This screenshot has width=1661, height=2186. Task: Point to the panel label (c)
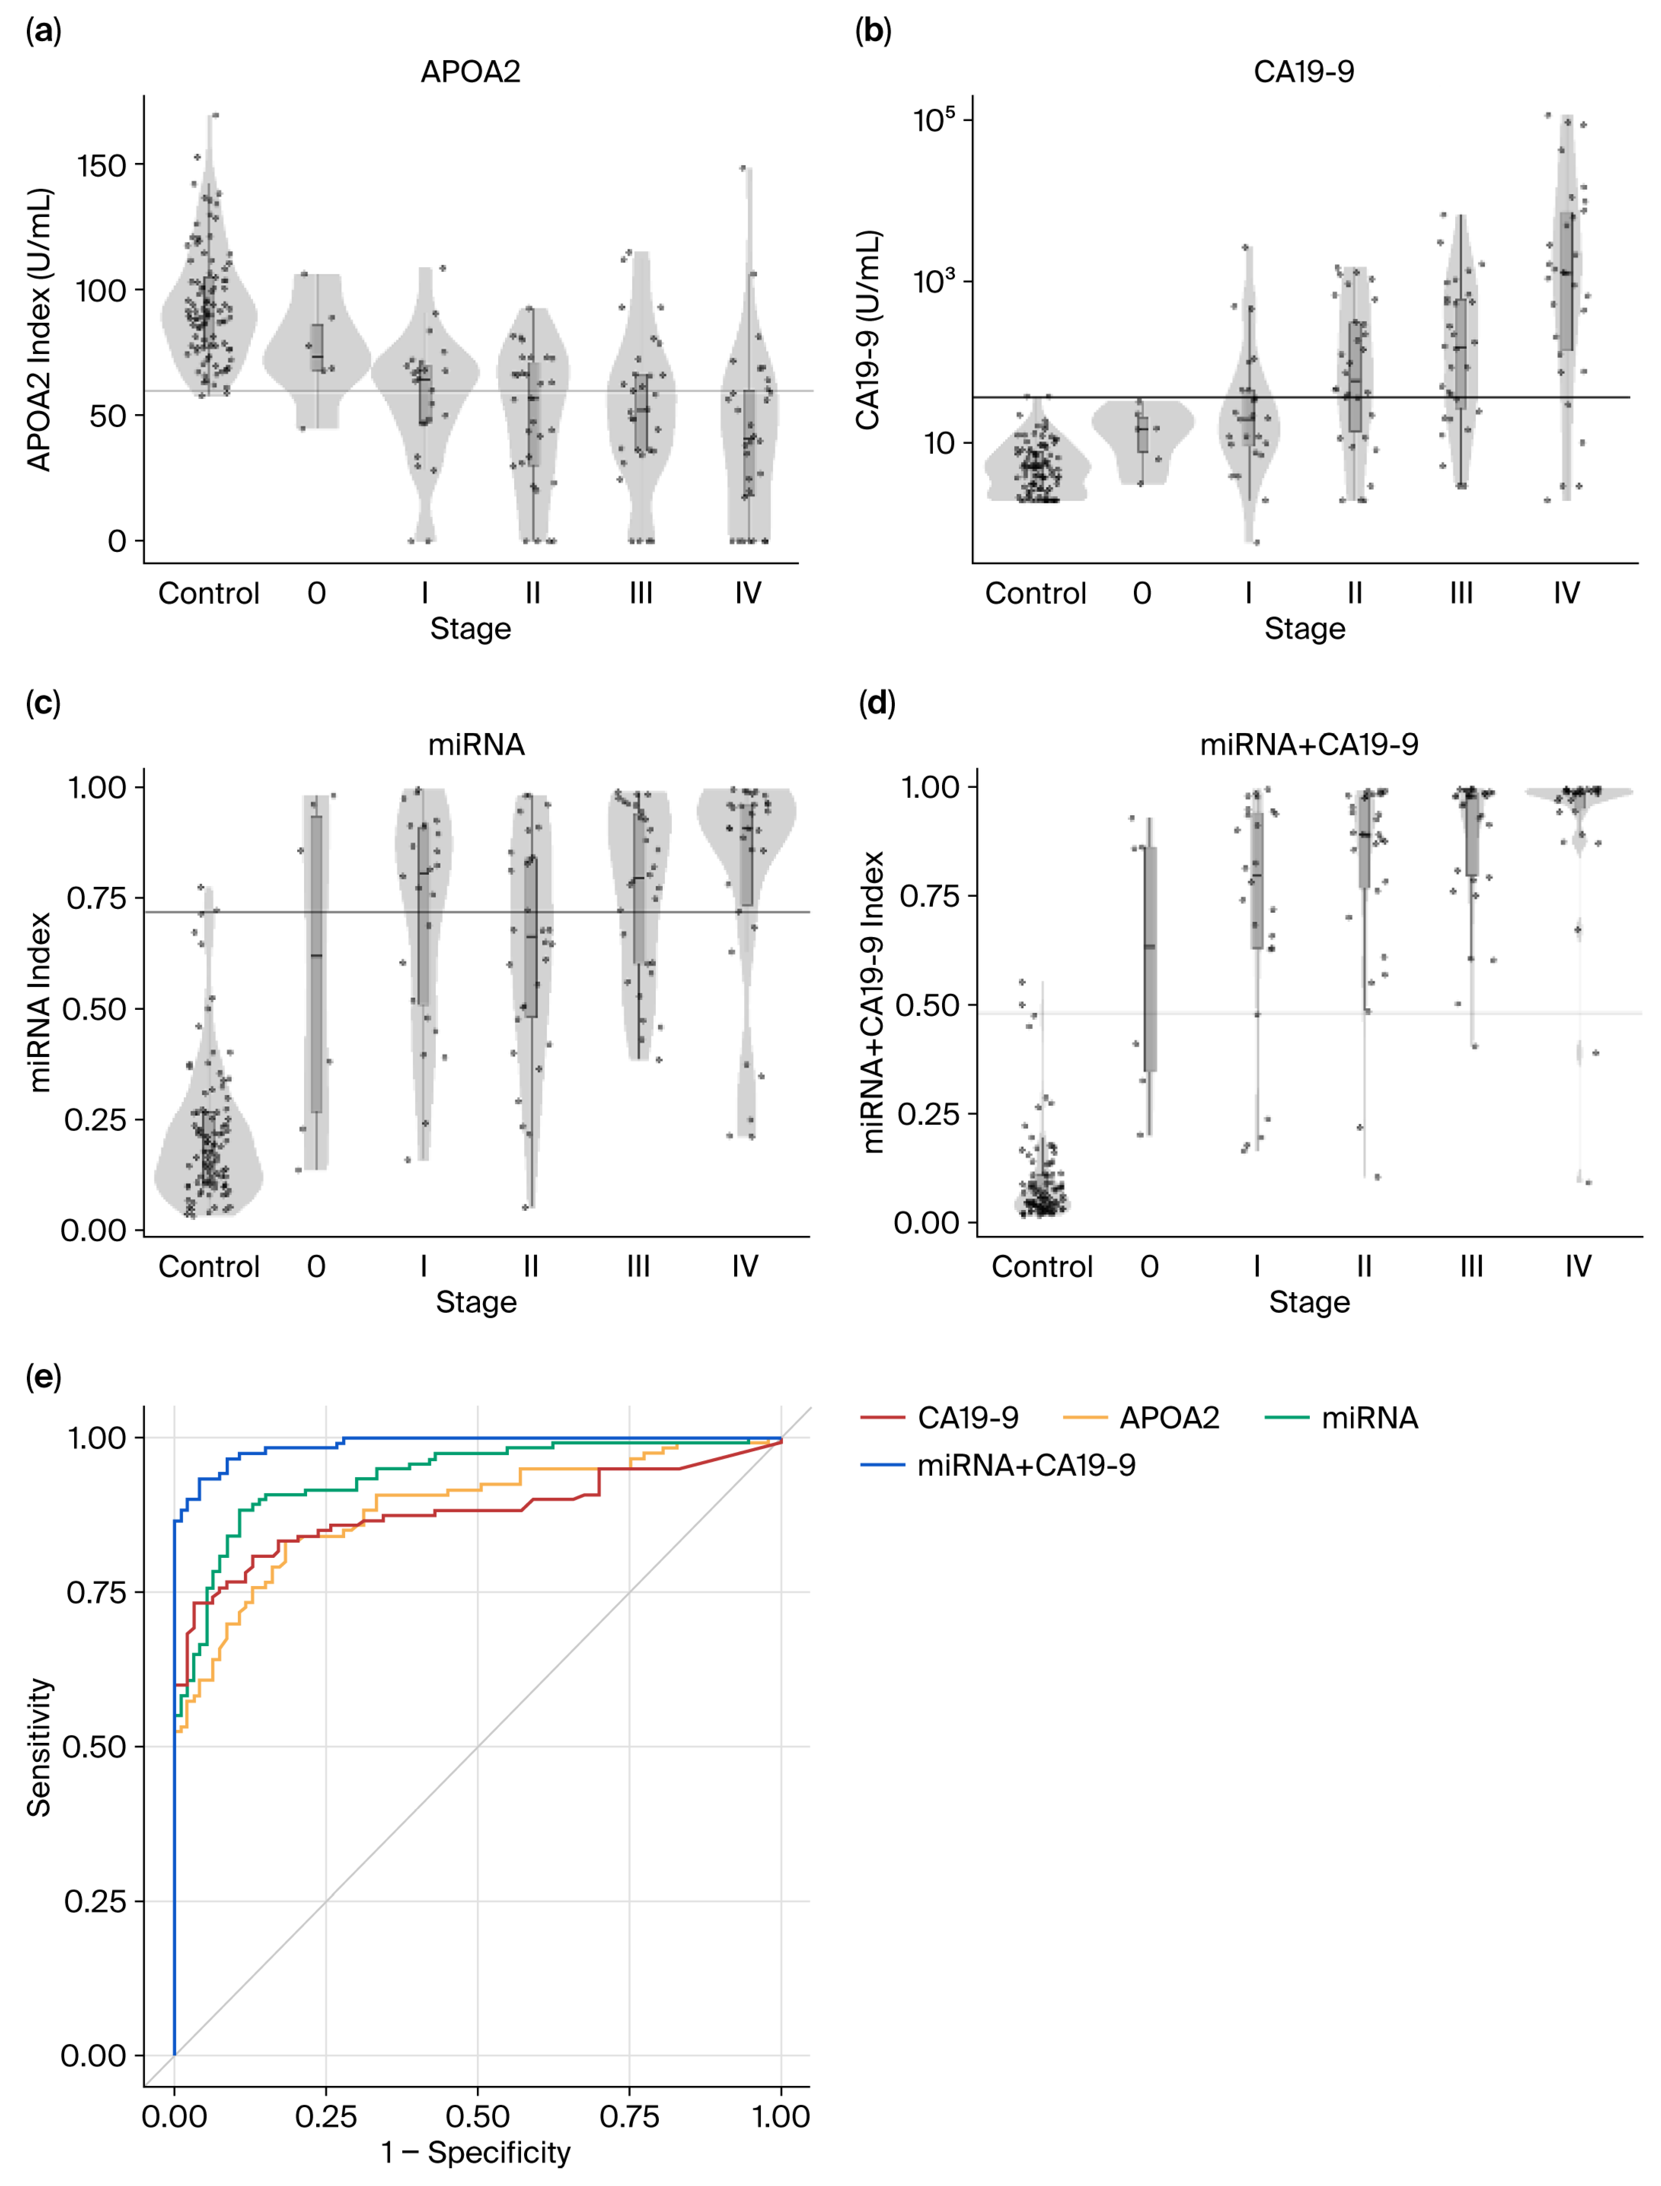click(42, 704)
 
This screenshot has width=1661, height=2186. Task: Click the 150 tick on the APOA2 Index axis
click(102, 165)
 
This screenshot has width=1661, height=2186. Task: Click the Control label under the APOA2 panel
click(209, 593)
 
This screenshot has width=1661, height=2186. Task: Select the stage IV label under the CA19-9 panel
click(1566, 593)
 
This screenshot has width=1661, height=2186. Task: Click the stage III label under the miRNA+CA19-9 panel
click(1471, 1267)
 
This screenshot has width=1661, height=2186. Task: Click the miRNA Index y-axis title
click(39, 1002)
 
